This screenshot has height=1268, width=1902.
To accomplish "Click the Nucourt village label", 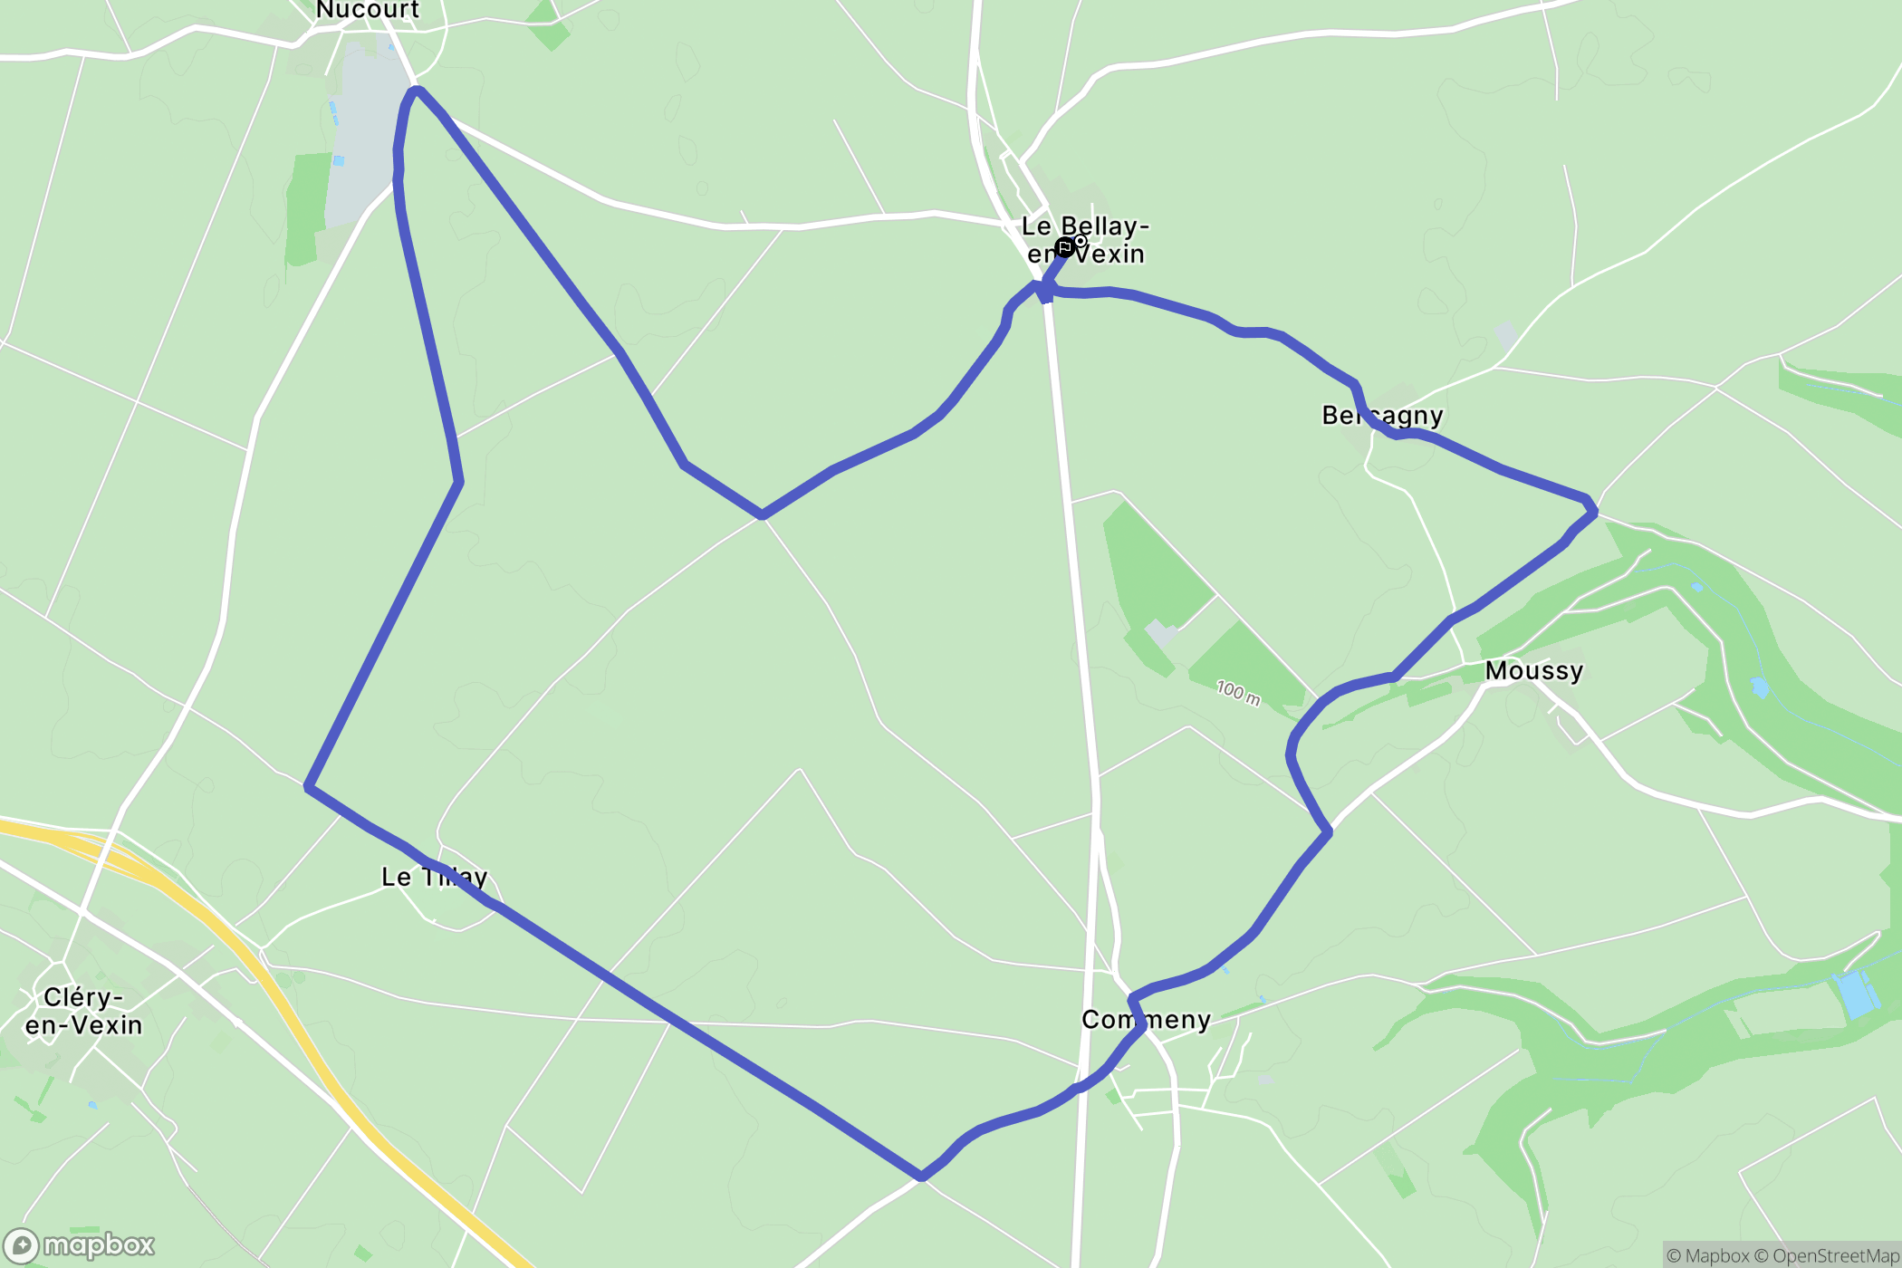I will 367,10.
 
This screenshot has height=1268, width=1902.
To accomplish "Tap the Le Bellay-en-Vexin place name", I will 1085,239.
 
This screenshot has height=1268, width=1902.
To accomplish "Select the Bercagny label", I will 1382,415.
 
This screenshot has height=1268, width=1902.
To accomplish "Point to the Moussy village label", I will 1533,670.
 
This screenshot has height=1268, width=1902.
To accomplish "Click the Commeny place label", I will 1146,1020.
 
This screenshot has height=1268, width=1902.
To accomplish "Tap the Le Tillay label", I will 434,877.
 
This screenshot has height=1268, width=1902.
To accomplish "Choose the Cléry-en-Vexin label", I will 83,1011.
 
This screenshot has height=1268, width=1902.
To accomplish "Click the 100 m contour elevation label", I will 1237,693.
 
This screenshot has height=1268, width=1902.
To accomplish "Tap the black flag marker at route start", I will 1065,246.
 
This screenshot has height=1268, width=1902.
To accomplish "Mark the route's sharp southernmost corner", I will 920,1177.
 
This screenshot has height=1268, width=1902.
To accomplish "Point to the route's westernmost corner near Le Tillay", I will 309,787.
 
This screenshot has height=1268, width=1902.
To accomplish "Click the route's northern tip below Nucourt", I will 417,90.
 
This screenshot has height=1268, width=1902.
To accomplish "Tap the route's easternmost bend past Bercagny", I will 1591,512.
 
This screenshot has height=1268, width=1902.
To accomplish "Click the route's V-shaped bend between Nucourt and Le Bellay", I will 763,514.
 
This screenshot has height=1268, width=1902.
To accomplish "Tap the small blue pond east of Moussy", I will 1759,687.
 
